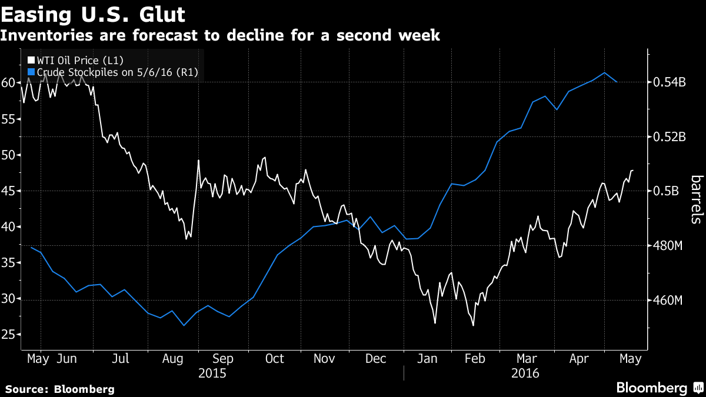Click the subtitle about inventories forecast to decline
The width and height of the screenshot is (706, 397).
(x=220, y=35)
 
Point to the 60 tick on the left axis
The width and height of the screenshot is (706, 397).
(x=8, y=83)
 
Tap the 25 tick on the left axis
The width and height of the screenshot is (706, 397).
(x=8, y=335)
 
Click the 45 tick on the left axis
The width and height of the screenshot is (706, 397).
(x=8, y=191)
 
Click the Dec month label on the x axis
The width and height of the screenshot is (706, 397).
(x=376, y=358)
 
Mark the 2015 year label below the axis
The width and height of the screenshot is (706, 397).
(x=212, y=373)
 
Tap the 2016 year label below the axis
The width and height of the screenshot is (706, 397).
(x=525, y=373)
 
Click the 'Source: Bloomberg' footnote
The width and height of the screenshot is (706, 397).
(x=59, y=389)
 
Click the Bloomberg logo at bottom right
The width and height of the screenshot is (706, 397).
(x=658, y=388)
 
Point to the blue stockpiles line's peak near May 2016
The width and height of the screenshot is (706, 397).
(x=605, y=72)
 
